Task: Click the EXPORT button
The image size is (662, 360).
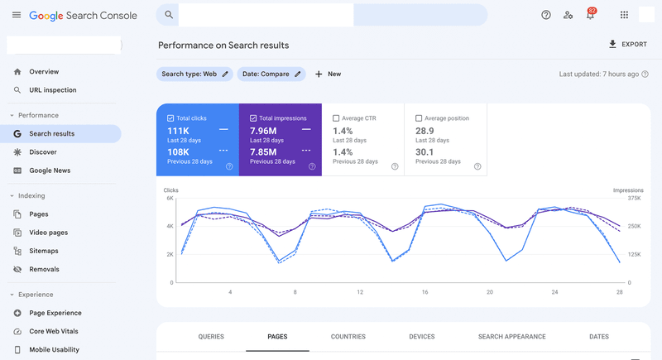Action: (628, 45)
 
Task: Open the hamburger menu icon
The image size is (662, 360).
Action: (17, 15)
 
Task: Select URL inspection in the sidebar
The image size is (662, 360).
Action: (52, 90)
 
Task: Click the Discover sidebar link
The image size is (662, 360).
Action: (43, 152)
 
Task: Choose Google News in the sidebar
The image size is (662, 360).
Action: (50, 170)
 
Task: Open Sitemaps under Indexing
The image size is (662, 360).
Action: (44, 251)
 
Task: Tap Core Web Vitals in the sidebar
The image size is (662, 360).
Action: (54, 331)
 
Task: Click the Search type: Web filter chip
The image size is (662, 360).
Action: (194, 74)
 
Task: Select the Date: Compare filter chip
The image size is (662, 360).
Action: (271, 74)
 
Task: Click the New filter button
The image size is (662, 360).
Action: (328, 74)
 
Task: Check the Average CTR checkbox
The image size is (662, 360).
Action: (336, 118)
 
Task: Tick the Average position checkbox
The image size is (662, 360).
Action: (419, 118)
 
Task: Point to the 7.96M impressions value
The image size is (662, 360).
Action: (263, 131)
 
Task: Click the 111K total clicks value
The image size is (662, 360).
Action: (179, 131)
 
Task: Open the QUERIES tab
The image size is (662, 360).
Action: (211, 337)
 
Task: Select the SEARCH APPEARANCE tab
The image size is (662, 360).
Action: (511, 337)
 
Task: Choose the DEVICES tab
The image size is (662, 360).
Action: (421, 337)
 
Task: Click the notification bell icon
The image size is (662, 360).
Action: (590, 15)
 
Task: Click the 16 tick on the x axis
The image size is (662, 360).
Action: (425, 292)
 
